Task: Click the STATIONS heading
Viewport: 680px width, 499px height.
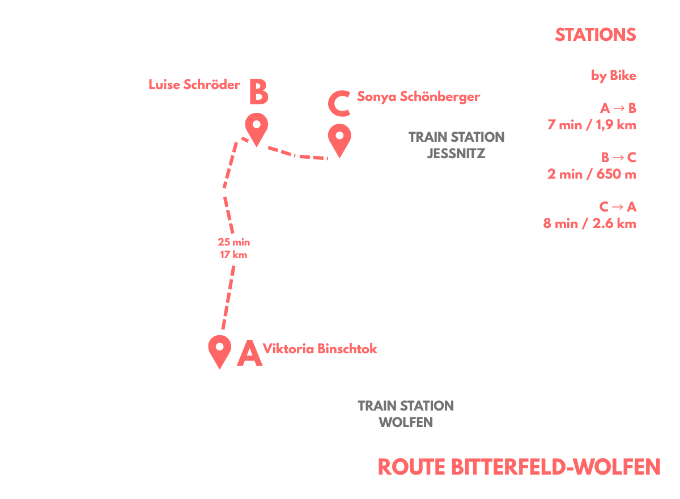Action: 596,35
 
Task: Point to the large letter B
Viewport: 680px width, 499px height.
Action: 258,91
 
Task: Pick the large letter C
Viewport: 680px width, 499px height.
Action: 339,103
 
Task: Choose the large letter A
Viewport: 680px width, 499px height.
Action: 249,353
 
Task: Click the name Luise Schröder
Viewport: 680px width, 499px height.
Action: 194,84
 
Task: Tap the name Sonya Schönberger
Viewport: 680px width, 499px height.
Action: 418,97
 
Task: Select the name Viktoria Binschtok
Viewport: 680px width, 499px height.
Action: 320,349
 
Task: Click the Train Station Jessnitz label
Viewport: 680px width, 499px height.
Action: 456,145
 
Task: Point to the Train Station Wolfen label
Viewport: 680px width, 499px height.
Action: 406,413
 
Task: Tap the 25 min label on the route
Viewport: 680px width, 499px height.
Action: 233,242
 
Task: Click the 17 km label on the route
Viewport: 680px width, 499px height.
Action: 233,255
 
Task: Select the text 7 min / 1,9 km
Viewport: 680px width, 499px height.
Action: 592,125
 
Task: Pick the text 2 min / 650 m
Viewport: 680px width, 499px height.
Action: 592,174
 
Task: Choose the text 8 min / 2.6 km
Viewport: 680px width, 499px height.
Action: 589,223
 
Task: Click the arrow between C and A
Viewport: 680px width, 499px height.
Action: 617,207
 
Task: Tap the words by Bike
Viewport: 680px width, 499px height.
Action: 613,75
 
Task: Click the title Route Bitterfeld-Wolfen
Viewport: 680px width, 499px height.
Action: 519,467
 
